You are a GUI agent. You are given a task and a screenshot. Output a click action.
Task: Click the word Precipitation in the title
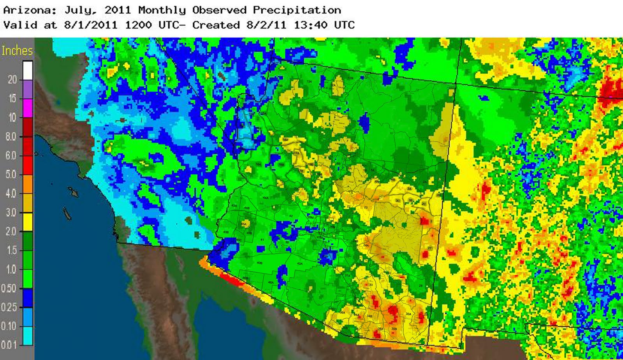pyautogui.click(x=297, y=10)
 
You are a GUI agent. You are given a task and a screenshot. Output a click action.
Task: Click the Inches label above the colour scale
pyautogui.click(x=17, y=51)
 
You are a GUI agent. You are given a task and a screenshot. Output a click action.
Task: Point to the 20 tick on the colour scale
pyautogui.click(x=12, y=80)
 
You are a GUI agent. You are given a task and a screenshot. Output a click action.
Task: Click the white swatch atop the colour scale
pyautogui.click(x=27, y=71)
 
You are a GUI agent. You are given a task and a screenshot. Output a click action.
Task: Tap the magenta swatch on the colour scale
pyautogui.click(x=27, y=108)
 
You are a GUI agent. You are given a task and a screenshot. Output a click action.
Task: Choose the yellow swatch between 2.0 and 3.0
pyautogui.click(x=27, y=222)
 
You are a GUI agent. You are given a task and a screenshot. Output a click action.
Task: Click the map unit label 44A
pyautogui.click(x=266, y=198)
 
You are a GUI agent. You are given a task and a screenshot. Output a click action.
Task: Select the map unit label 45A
pyautogui.click(x=244, y=224)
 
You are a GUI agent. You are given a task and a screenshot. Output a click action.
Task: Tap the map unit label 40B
pyautogui.click(x=259, y=263)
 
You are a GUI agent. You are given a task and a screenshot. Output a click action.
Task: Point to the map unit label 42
pyautogui.click(x=290, y=216)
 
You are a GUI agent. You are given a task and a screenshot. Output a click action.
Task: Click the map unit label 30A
pyautogui.click(x=408, y=314)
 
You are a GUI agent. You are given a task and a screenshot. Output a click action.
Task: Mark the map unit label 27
pyautogui.click(x=429, y=248)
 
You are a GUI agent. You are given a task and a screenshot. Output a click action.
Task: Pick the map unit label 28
pyautogui.click(x=421, y=286)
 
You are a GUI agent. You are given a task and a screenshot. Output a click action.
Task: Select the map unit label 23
pyautogui.click(x=366, y=208)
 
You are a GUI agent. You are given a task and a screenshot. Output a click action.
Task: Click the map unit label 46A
pyautogui.click(x=271, y=282)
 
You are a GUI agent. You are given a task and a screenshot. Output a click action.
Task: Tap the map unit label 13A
pyautogui.click(x=309, y=82)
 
